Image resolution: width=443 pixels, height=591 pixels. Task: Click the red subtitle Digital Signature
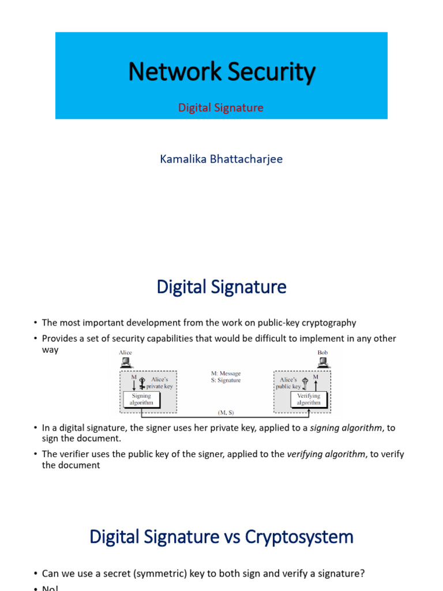(221, 108)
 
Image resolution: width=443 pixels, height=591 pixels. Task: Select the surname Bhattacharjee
(248, 159)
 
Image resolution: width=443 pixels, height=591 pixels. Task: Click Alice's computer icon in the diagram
(126, 362)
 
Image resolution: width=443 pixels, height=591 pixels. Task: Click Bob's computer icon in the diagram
(323, 362)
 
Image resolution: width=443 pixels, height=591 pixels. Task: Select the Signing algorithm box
(141, 399)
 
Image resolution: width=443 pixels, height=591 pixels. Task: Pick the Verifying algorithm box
(308, 399)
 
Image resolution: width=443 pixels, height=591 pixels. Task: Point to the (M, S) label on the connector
(226, 413)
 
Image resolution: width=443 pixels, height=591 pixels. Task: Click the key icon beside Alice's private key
(141, 382)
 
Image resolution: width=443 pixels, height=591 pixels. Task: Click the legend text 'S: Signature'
(226, 380)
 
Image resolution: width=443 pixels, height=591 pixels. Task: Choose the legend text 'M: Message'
(226, 373)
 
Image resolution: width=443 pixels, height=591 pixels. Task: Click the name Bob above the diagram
(322, 352)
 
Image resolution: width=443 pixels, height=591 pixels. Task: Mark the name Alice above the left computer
(125, 352)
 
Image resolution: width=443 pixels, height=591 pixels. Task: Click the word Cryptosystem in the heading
(299, 537)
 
